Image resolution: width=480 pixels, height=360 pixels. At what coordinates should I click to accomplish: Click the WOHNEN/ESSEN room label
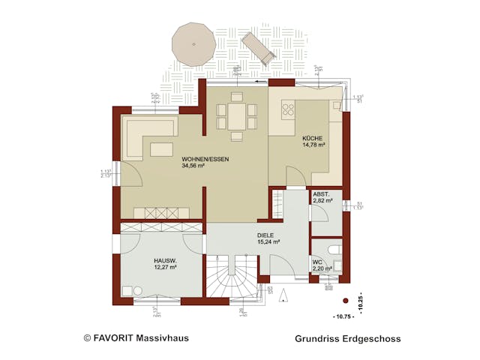click(205, 160)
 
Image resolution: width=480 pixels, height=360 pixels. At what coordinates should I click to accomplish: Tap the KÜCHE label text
click(313, 139)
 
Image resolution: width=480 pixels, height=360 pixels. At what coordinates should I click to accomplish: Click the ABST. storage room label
click(322, 193)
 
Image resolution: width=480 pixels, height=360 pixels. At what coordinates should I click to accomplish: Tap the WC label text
click(317, 261)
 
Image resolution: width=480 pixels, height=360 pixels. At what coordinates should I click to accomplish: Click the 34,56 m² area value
click(193, 166)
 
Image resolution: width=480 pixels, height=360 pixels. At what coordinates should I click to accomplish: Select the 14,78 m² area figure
click(313, 145)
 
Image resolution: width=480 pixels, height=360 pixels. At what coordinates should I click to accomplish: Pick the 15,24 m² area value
click(268, 241)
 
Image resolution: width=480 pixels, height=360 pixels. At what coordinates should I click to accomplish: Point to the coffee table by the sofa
click(161, 148)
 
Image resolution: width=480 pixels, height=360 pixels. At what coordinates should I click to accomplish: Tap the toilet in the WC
click(335, 249)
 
